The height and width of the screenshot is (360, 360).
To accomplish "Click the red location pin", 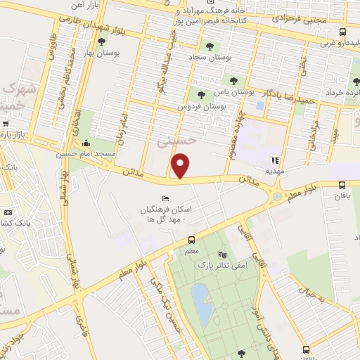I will pos(181,166).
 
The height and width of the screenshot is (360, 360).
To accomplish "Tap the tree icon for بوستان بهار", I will pos(101,41).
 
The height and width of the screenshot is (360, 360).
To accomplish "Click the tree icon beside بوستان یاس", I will pos(201,93).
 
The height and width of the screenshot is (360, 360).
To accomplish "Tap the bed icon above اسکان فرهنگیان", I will pos(166,198).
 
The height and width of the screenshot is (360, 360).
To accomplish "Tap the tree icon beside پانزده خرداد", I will pos(314,90).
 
